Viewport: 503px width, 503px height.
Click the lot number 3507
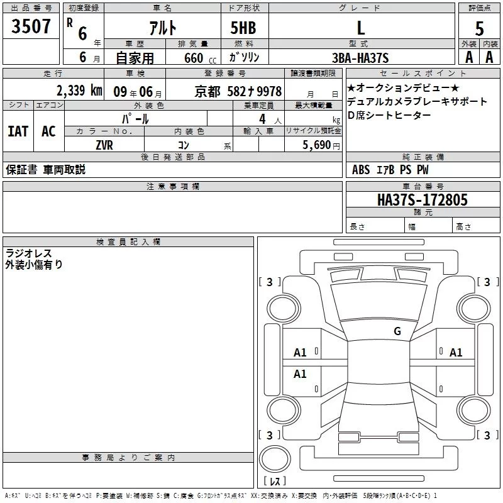(x=31, y=26)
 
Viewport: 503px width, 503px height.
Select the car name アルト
(x=163, y=28)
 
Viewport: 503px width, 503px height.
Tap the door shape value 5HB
(x=243, y=28)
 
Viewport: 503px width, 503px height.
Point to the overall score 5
(x=479, y=28)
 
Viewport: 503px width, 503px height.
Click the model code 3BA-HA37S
(x=360, y=58)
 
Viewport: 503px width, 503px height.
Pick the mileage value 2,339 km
(x=80, y=91)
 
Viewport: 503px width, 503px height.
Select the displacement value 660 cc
(x=200, y=58)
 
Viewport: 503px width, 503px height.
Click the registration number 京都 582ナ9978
(x=238, y=91)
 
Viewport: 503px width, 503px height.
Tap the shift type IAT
(x=18, y=131)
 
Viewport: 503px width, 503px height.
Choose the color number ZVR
(x=104, y=145)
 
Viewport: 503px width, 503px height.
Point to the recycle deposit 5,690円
(x=321, y=145)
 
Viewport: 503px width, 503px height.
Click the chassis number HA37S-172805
(x=423, y=200)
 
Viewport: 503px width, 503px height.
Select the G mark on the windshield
(x=397, y=331)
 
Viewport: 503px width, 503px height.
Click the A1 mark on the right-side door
(x=456, y=353)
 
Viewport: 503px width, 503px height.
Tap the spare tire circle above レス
(x=275, y=459)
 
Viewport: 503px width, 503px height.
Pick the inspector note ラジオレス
(x=28, y=253)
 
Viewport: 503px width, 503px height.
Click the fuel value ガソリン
(x=244, y=58)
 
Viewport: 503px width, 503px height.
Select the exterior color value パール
(x=135, y=119)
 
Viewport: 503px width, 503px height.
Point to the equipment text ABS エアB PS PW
(x=390, y=170)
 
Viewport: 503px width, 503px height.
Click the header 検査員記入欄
(x=128, y=242)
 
